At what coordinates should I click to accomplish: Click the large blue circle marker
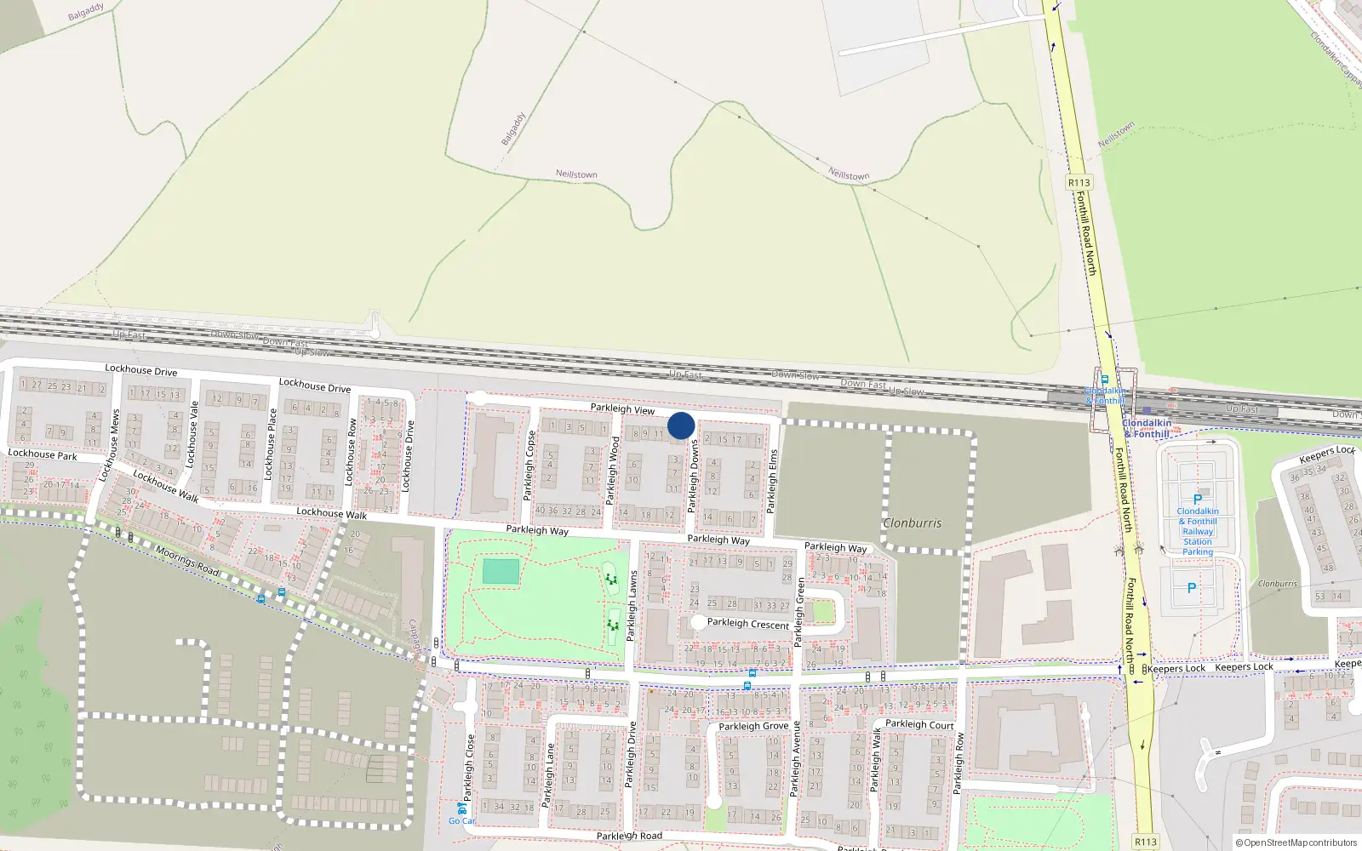pyautogui.click(x=681, y=425)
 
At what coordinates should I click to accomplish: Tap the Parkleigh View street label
pyautogui.click(x=622, y=409)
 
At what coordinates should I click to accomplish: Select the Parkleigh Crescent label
pyautogui.click(x=747, y=624)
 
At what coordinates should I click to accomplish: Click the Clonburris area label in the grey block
pyautogui.click(x=912, y=523)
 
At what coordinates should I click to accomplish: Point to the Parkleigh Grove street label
pyautogui.click(x=753, y=727)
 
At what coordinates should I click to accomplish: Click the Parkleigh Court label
pyautogui.click(x=919, y=724)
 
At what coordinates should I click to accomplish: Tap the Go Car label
pyautogui.click(x=462, y=820)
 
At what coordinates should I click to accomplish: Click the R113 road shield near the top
pyautogui.click(x=1079, y=183)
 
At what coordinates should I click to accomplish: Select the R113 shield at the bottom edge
pyautogui.click(x=1146, y=842)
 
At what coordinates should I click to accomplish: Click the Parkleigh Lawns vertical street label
pyautogui.click(x=632, y=606)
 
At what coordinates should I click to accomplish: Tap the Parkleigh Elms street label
pyautogui.click(x=772, y=481)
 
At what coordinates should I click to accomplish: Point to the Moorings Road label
pyautogui.click(x=187, y=561)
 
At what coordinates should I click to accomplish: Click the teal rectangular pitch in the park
pyautogui.click(x=501, y=571)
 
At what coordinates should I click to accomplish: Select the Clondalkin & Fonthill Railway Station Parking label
pyautogui.click(x=1197, y=531)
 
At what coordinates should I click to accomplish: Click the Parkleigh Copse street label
pyautogui.click(x=529, y=466)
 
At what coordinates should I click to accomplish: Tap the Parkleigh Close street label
pyautogui.click(x=468, y=768)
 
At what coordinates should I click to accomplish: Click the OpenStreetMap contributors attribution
pyautogui.click(x=1296, y=842)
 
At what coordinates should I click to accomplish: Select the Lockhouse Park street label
pyautogui.click(x=43, y=454)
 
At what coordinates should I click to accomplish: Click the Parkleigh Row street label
pyautogui.click(x=959, y=763)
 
